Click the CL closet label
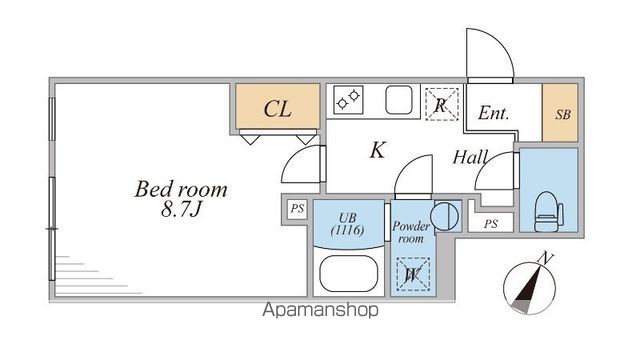click(277, 109)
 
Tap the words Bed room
click(182, 189)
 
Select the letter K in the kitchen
click(378, 151)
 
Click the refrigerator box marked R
click(440, 103)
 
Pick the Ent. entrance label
click(493, 114)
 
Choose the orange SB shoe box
click(560, 114)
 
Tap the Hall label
click(470, 157)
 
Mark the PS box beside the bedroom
click(296, 209)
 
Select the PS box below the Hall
click(489, 224)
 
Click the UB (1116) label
click(349, 223)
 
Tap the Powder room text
click(410, 232)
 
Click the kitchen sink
click(397, 101)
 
